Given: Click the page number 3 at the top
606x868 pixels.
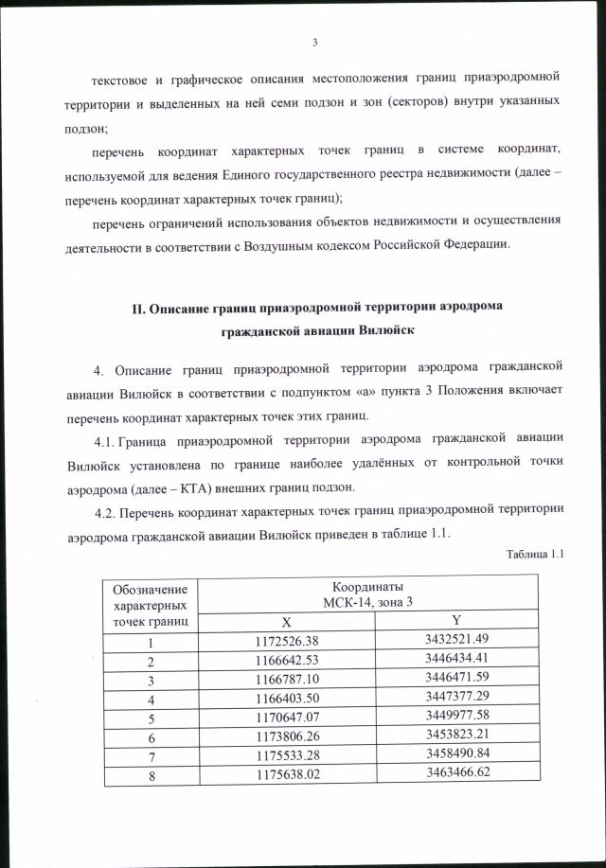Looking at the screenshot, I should click(x=313, y=41).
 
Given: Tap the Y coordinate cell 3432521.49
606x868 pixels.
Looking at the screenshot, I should click(x=455, y=640).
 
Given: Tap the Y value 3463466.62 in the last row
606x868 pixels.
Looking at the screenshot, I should click(x=455, y=773).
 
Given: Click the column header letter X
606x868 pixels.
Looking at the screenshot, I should click(x=287, y=622).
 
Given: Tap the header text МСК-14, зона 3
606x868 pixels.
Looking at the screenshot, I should click(x=371, y=600).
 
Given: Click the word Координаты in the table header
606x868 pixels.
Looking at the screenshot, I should click(x=371, y=586).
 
